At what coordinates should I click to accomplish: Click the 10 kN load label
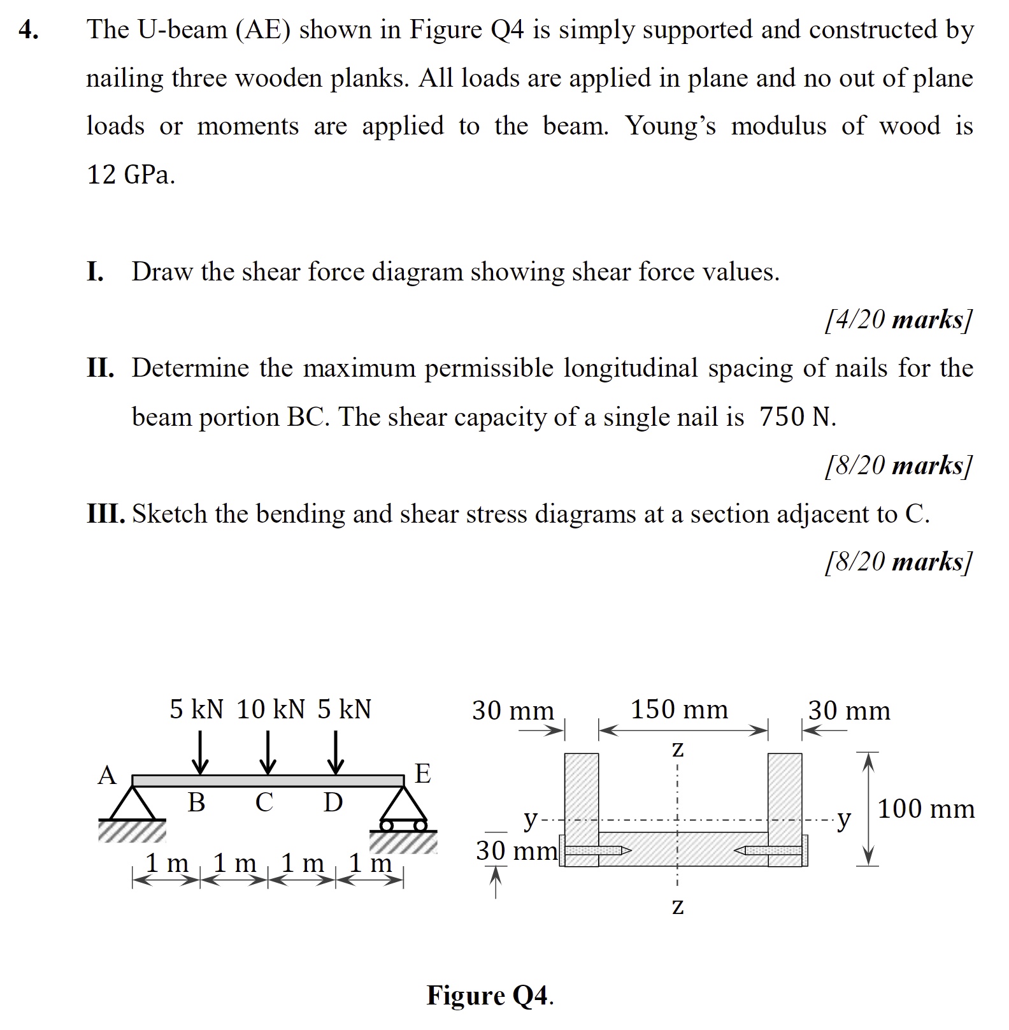point(271,709)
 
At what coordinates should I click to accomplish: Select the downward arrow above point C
point(268,751)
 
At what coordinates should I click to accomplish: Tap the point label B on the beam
point(196,802)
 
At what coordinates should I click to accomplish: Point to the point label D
point(333,802)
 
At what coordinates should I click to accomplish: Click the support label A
point(106,776)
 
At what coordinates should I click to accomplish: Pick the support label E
point(422,774)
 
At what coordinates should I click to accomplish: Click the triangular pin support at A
point(132,804)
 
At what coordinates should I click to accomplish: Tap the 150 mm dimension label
point(679,709)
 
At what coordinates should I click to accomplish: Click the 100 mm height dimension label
point(926,809)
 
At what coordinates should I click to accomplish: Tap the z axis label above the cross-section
point(678,750)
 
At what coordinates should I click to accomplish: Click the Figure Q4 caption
point(490,995)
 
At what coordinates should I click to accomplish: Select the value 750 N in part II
point(797,417)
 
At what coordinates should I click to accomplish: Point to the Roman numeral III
point(106,514)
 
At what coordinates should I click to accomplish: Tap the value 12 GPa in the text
point(131,174)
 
